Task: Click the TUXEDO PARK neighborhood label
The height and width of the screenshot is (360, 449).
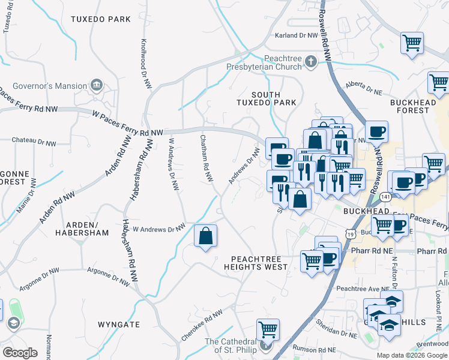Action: (x=100, y=19)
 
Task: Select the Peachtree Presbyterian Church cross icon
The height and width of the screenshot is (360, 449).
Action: (x=310, y=61)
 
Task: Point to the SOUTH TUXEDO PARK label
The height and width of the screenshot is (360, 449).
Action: (x=274, y=99)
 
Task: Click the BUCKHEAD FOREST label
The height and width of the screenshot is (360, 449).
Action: (x=413, y=106)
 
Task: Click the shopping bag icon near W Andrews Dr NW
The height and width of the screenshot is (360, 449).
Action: (x=205, y=236)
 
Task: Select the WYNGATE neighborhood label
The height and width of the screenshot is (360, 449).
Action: (x=119, y=325)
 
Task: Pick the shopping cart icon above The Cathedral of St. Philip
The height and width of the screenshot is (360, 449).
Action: (x=268, y=329)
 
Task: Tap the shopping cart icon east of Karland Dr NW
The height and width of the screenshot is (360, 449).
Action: (x=412, y=43)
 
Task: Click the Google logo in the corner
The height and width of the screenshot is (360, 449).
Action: (x=20, y=352)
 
